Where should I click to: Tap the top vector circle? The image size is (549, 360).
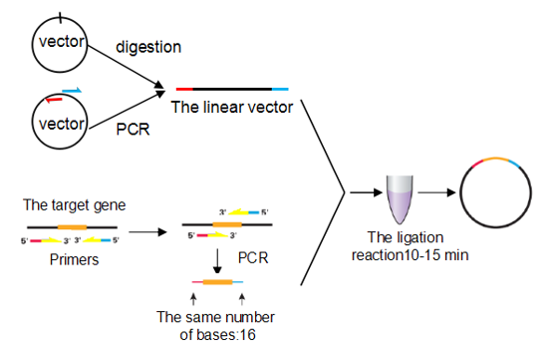[x=61, y=42]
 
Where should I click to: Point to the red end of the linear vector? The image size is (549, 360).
[x=182, y=90]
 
